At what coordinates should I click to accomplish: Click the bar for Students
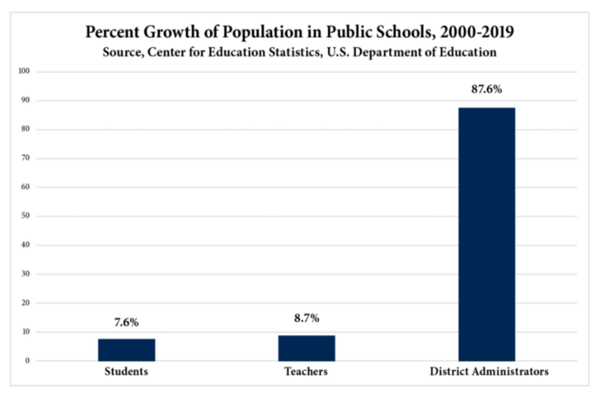[x=127, y=349]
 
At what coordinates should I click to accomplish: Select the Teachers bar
[x=306, y=348]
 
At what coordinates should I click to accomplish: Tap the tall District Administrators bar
[x=486, y=234]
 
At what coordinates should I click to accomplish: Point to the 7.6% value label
[x=127, y=322]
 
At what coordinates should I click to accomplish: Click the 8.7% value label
[x=306, y=318]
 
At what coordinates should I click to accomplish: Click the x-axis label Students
[x=127, y=372]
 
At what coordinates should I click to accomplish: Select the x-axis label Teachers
[x=306, y=372]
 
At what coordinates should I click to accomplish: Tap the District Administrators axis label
[x=489, y=372]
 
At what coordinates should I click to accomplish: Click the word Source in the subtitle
[x=122, y=52]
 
